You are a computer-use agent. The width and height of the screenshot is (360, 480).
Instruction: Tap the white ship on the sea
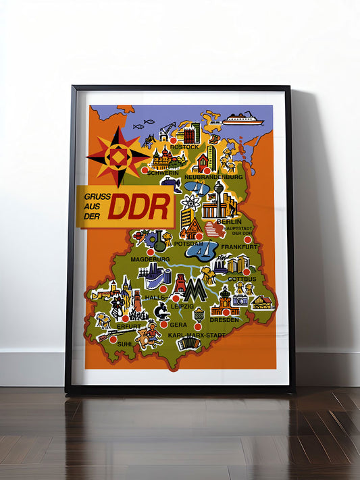coord(242,119)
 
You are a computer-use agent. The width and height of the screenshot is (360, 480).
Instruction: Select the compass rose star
coord(118,157)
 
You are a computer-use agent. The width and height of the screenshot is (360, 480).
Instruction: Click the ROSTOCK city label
coord(184,146)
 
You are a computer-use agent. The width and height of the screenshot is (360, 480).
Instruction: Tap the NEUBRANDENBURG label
coord(213,176)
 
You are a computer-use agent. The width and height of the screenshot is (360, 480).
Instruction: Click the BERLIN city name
coord(229,221)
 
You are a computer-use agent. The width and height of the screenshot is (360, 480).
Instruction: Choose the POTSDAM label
coord(188,243)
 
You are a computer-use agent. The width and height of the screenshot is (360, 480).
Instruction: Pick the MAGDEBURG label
coord(150,259)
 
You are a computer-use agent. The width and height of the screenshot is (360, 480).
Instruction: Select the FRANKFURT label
coord(238,247)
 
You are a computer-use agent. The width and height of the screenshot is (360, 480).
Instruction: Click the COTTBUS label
coord(241,278)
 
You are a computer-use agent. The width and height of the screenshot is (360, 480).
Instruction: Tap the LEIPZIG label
coord(182,306)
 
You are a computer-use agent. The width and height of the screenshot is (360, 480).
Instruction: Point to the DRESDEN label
coord(224,319)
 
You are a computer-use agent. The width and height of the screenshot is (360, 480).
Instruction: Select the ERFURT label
coord(129,326)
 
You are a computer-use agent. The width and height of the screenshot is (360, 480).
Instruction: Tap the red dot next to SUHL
coord(113,339)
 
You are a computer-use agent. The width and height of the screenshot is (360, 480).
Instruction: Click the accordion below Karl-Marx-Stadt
coord(188,345)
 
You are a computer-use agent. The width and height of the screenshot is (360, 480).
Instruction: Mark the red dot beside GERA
coord(164,324)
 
